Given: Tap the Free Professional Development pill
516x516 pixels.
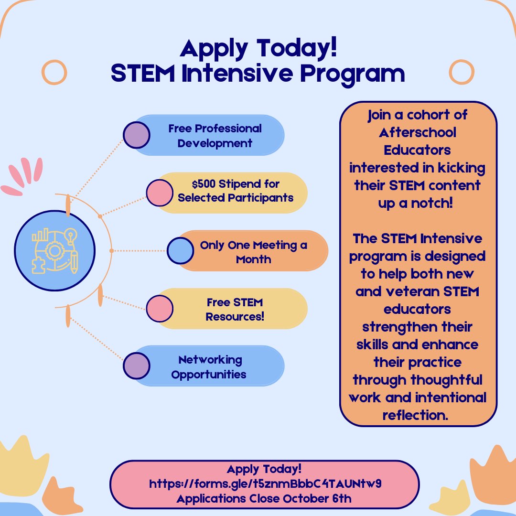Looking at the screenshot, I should (x=215, y=136).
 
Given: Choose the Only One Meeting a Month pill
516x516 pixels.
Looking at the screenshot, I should (x=253, y=252).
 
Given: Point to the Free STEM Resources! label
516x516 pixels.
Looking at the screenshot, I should (x=235, y=309).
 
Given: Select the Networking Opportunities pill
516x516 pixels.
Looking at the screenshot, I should (x=209, y=366).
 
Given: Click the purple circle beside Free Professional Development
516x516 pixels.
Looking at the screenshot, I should (x=136, y=135).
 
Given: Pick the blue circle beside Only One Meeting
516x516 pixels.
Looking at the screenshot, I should (x=180, y=250).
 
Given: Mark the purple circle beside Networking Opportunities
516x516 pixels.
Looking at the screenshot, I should (x=136, y=365).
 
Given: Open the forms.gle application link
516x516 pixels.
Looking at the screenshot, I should (x=265, y=484).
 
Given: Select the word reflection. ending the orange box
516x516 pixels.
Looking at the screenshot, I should (x=416, y=415).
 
